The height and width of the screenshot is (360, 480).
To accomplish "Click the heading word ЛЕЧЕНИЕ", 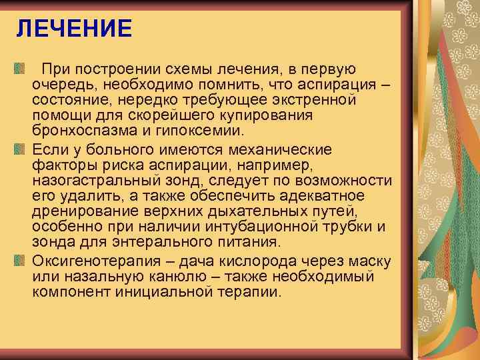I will (x=75, y=29).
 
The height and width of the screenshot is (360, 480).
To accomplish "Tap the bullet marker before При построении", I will (x=19, y=69).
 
